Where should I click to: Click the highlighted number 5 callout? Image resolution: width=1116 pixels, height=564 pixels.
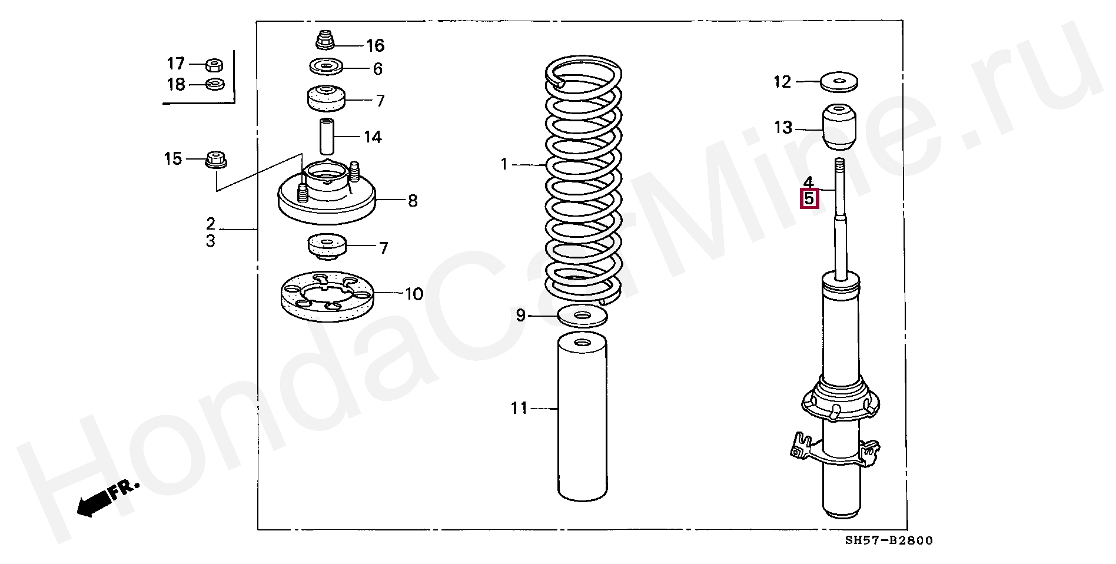pos(809,199)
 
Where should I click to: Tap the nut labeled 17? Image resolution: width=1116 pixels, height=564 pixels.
pos(214,65)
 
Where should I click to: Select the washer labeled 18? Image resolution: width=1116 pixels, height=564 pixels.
pos(215,85)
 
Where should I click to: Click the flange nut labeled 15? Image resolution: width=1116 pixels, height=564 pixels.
pos(216,159)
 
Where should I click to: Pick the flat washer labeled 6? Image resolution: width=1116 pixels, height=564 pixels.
pos(326,67)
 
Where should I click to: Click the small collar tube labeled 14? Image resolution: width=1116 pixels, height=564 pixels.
pos(327,136)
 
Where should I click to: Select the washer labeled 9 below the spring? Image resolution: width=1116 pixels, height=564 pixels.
pos(582,316)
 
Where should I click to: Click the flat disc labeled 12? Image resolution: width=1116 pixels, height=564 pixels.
pos(839,81)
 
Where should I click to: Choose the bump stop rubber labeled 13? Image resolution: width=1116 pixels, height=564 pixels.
pos(839,127)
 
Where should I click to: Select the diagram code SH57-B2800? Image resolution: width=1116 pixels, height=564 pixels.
pos(888,540)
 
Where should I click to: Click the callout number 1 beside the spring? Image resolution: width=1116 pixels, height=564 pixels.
pos(504,164)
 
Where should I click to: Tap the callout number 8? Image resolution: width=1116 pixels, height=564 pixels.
pos(413,201)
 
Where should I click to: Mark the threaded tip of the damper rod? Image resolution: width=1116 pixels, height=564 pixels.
pos(840,164)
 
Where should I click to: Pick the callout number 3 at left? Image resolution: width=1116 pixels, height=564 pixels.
pos(211,241)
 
